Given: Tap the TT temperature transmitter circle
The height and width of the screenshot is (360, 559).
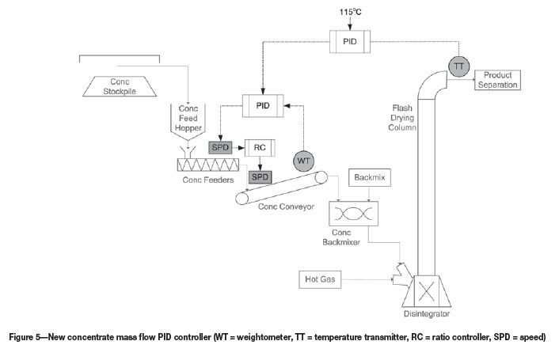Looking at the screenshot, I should [x=457, y=67].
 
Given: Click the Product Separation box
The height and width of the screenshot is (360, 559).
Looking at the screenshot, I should [x=496, y=79].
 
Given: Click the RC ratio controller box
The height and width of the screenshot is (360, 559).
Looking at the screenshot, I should [x=259, y=147].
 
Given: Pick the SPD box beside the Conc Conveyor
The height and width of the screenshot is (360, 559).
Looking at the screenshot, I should [x=260, y=176].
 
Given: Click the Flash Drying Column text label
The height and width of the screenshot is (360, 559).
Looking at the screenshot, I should [x=407, y=117].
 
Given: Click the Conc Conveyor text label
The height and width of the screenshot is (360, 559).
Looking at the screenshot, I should [x=286, y=207].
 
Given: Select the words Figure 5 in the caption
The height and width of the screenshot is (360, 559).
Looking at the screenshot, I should [x=27, y=337].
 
